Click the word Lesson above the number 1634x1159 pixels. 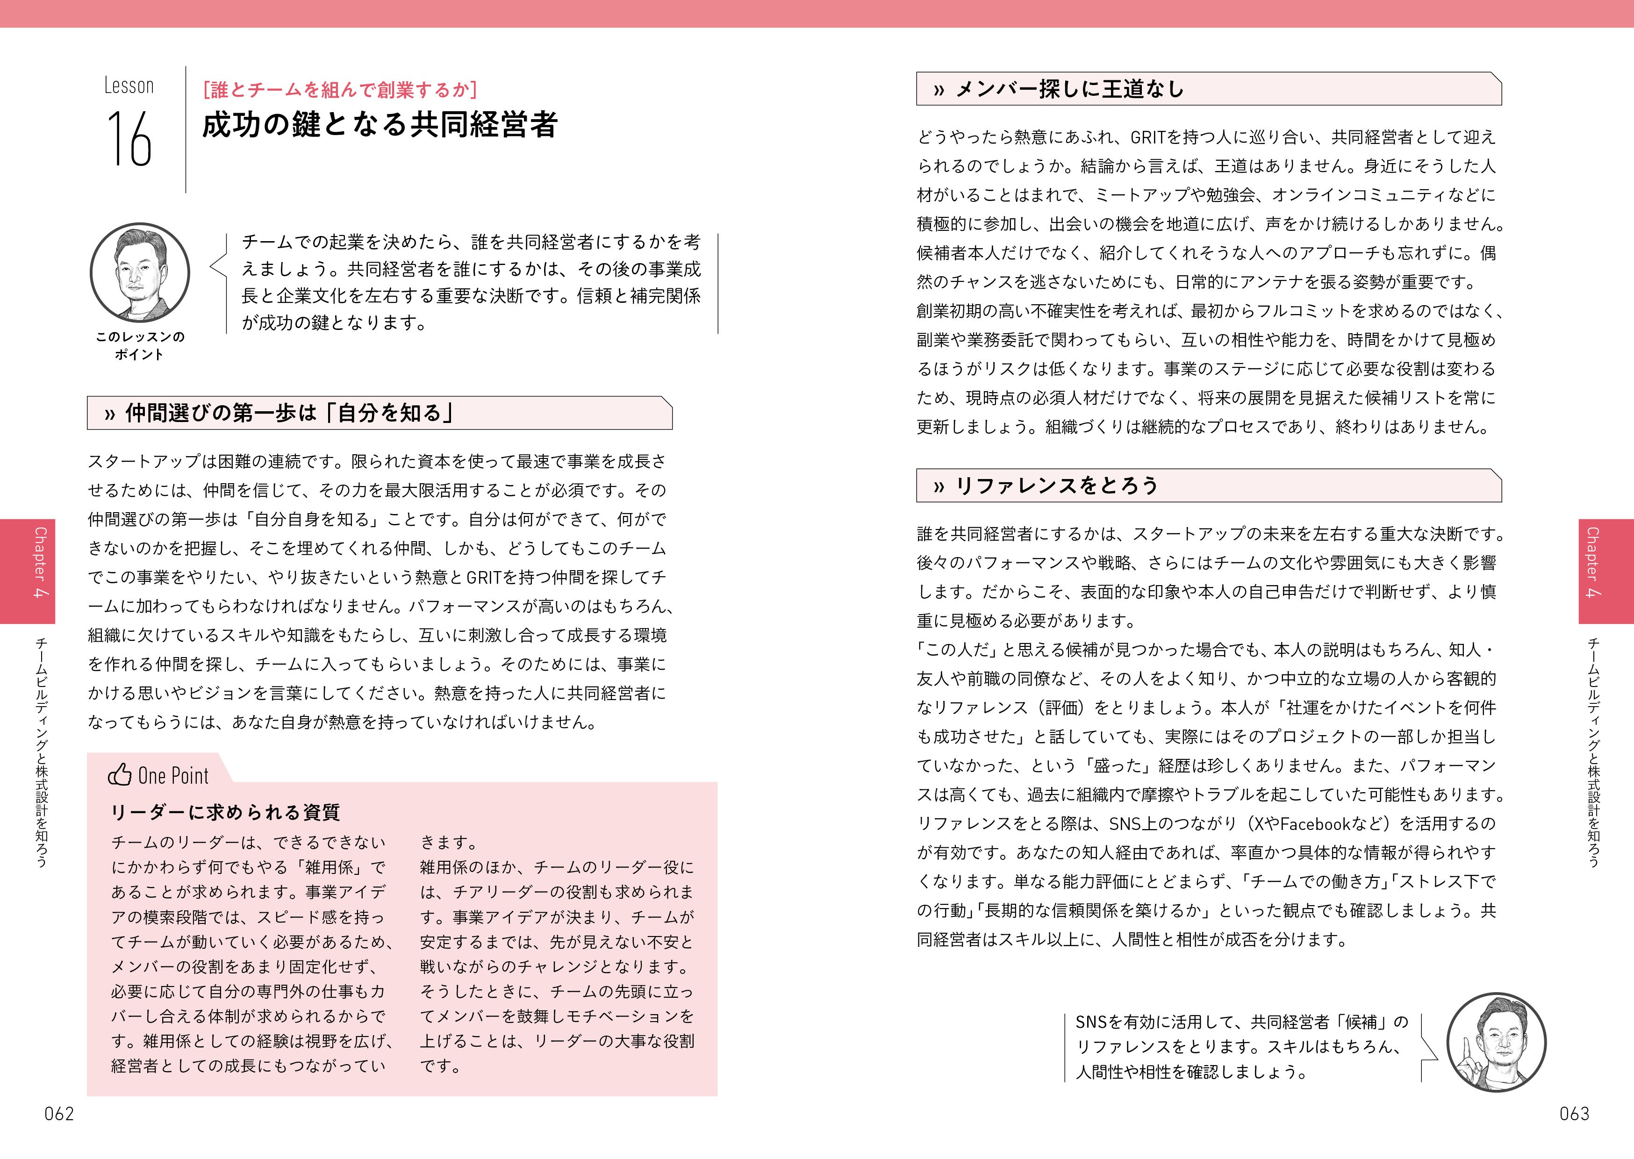[129, 86]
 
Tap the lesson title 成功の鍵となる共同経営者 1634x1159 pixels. [379, 125]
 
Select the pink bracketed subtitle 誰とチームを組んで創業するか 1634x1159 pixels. [340, 90]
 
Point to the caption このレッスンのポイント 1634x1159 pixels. [140, 345]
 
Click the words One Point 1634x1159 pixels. [173, 776]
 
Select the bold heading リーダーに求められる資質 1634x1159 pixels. [225, 812]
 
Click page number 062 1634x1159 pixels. [58, 1114]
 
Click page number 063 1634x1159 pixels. [1574, 1114]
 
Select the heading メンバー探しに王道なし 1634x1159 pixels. [1069, 89]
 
